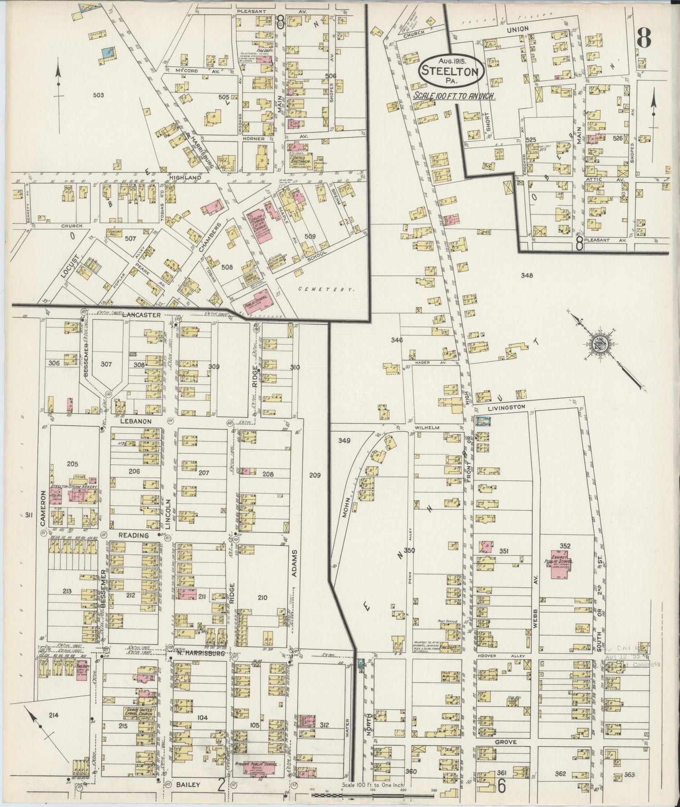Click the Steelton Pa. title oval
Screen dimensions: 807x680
(x=451, y=71)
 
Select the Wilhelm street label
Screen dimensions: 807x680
(x=427, y=428)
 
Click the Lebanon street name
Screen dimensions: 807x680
(x=136, y=421)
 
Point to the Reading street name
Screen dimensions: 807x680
(x=133, y=535)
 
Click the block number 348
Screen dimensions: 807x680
(x=527, y=275)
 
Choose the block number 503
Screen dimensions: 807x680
(x=98, y=95)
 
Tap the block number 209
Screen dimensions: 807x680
(x=315, y=476)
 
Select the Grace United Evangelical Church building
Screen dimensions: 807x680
(x=139, y=712)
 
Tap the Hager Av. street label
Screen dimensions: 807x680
(x=425, y=363)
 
